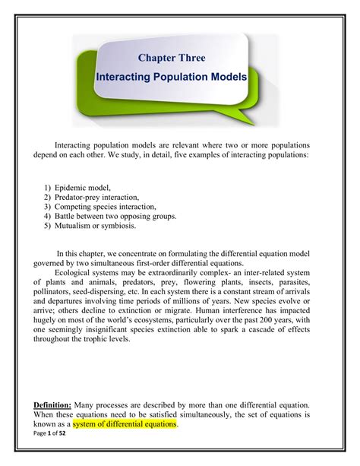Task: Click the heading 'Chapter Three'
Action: (x=172, y=57)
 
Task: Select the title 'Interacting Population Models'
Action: (x=177, y=78)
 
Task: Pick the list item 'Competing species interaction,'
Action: (x=109, y=206)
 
